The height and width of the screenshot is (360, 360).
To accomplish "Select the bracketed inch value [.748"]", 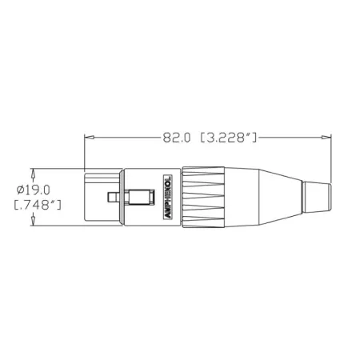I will point(38,206).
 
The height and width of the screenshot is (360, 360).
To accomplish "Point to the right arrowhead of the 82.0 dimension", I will point(322,138).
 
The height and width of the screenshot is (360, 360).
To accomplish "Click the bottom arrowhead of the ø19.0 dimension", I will point(33,223).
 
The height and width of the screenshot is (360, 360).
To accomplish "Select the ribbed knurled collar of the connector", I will point(203,197).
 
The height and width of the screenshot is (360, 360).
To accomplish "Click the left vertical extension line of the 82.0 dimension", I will point(85,152).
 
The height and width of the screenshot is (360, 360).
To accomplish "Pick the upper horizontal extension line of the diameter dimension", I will point(56,169).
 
